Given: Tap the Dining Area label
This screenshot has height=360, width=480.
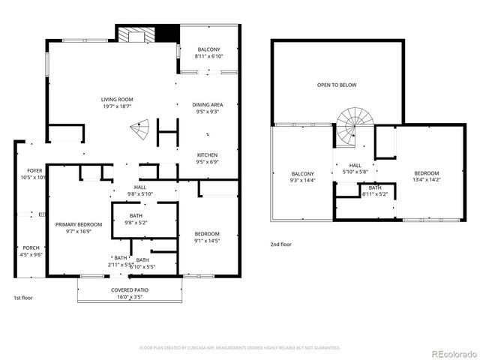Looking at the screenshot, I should point(208,105).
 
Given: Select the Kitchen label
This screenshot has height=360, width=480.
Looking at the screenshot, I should point(208,154).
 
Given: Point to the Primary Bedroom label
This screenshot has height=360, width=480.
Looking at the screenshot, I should point(79,224).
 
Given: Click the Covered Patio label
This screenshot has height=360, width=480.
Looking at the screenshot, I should point(129,289).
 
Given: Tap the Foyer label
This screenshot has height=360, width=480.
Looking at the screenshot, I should point(34,171).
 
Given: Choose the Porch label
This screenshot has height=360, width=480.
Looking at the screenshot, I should point(31,248).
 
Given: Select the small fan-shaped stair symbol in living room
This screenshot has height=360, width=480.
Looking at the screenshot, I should point(139,130).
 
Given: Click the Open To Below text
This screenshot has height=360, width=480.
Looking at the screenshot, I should point(336,85).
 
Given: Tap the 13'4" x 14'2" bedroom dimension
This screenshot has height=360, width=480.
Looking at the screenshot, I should point(426,180).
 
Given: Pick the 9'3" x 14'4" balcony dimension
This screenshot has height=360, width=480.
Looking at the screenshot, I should point(303,180).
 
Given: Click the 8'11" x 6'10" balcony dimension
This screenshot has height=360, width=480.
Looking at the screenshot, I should point(208,56).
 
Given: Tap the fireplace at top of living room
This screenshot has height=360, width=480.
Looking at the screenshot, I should point(136,34).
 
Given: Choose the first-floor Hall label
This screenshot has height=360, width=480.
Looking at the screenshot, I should point(140,187).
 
